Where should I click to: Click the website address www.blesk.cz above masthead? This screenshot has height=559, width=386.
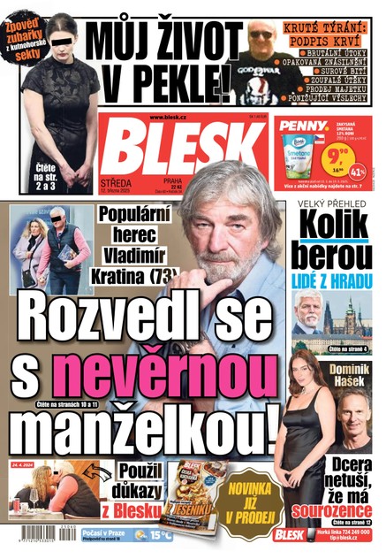click(168, 118)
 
